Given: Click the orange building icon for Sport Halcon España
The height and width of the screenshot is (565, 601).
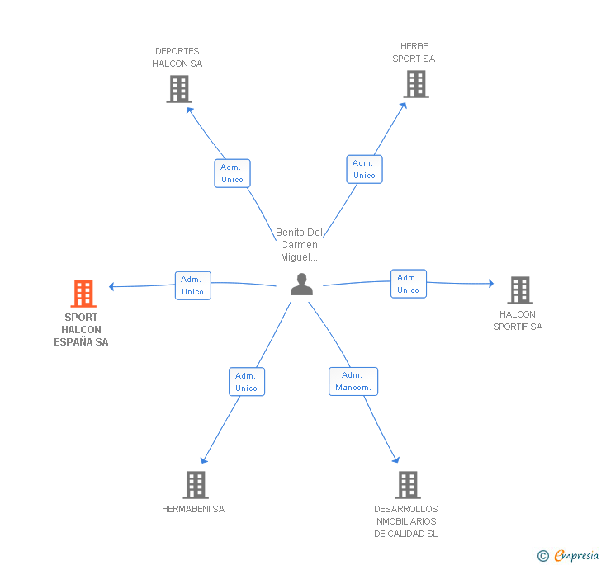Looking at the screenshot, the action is tap(83, 294).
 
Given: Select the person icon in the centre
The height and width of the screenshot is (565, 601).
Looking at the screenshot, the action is tap(301, 285).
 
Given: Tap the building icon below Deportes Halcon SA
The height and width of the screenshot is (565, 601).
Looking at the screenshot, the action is tap(179, 89).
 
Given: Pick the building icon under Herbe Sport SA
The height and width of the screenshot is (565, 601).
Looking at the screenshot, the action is tap(416, 84).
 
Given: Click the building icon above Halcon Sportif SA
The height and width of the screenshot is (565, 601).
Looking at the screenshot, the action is tap(520, 290).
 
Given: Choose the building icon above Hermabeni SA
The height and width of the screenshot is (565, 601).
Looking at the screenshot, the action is tap(196, 484).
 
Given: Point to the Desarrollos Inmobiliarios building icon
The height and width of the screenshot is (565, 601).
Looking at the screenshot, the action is tap(408, 484).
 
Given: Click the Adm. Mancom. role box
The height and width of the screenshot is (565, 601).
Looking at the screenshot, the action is tap(353, 382).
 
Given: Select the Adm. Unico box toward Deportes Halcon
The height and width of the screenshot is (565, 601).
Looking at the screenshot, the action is tap(232, 173).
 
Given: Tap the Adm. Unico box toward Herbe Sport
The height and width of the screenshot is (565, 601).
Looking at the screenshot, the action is tap(365, 169).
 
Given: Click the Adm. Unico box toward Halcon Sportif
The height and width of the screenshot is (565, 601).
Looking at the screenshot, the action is tap(409, 284).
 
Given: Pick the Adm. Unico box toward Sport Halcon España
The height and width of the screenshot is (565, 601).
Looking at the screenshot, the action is tap(193, 285).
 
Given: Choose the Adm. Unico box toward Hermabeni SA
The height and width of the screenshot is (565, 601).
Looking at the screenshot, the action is tap(247, 382).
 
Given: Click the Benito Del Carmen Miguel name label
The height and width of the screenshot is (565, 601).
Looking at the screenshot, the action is tap(300, 245).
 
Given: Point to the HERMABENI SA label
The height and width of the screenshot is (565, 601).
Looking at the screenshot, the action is tap(193, 509).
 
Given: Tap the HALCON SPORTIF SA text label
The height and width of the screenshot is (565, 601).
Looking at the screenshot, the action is tap(518, 321).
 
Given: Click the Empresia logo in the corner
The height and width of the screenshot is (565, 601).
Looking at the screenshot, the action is tap(568, 555).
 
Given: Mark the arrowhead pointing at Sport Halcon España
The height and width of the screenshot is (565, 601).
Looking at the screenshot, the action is tap(111, 286).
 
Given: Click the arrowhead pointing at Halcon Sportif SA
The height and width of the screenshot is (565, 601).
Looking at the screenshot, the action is tap(491, 284).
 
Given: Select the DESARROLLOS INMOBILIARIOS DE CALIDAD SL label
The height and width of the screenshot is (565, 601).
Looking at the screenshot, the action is tap(406, 521).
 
